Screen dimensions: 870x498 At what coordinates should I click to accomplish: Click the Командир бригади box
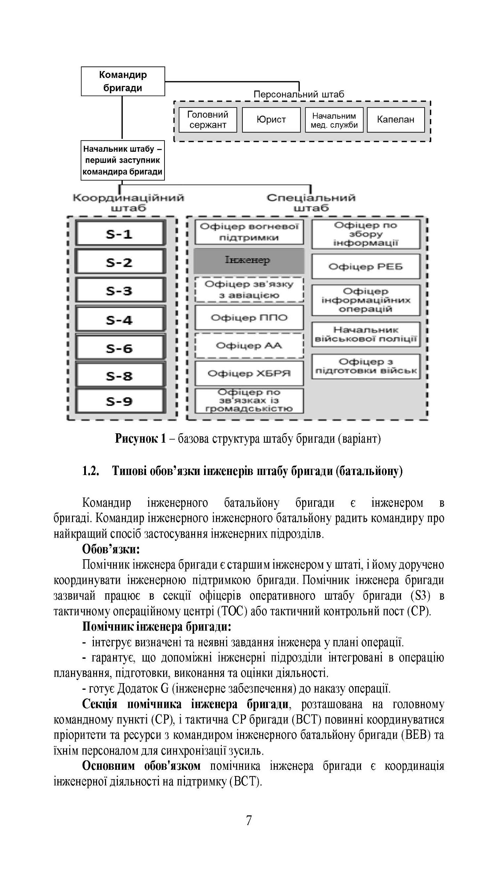pyautogui.click(x=123, y=81)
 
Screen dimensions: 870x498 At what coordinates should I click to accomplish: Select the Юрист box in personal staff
pyautogui.click(x=271, y=120)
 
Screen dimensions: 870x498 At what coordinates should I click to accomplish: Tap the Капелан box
pyautogui.click(x=395, y=120)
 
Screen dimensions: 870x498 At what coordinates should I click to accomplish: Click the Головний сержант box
pyautogui.click(x=208, y=120)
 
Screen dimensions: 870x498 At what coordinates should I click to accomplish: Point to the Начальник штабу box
pyautogui.click(x=122, y=160)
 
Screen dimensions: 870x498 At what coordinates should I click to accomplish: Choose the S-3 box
pyautogui.click(x=119, y=291)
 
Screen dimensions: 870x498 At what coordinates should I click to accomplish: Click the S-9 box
pyautogui.click(x=119, y=402)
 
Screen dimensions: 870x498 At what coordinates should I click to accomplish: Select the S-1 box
pyautogui.click(x=119, y=234)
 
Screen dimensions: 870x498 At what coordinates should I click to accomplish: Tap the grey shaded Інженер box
pyautogui.click(x=248, y=261)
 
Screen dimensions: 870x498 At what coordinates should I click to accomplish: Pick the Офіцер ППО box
pyautogui.click(x=249, y=318)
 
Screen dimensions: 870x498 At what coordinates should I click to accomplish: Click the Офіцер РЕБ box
pyautogui.click(x=366, y=267)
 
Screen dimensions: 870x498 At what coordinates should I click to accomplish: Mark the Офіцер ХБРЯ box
pyautogui.click(x=249, y=374)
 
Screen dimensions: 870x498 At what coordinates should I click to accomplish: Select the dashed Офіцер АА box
pyautogui.click(x=249, y=346)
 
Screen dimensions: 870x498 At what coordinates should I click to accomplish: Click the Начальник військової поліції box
pyautogui.click(x=366, y=334)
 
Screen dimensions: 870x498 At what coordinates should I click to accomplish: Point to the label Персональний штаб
pyautogui.click(x=298, y=94)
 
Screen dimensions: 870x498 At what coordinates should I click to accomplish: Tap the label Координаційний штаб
pyautogui.click(x=128, y=203)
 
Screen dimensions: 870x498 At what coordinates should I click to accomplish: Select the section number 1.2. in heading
pyautogui.click(x=91, y=472)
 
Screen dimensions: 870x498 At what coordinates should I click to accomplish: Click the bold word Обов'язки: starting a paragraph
pyautogui.click(x=111, y=549)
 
